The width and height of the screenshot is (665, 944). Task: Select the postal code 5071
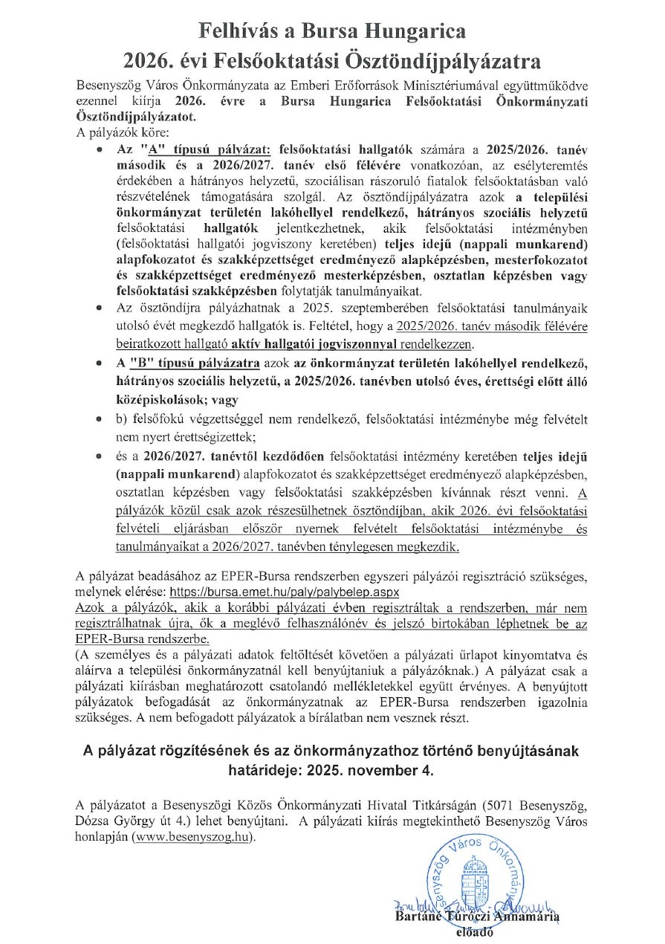pos(501,806)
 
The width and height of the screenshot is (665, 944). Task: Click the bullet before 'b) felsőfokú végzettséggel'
pos(101,421)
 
